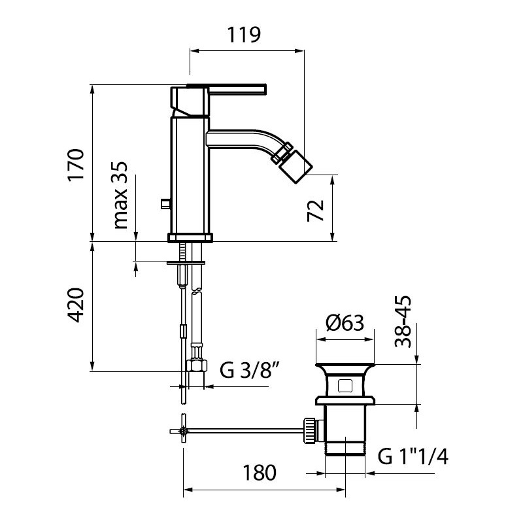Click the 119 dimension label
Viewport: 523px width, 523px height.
click(244, 35)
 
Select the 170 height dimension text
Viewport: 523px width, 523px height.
click(76, 165)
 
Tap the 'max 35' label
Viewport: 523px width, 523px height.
click(120, 195)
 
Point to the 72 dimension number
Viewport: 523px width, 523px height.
click(315, 211)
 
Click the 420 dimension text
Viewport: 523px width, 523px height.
click(76, 305)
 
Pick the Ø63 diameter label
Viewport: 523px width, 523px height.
click(345, 323)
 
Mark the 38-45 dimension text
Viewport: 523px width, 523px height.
click(403, 322)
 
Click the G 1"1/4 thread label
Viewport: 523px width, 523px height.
click(413, 456)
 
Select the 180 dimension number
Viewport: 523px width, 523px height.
click(259, 473)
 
